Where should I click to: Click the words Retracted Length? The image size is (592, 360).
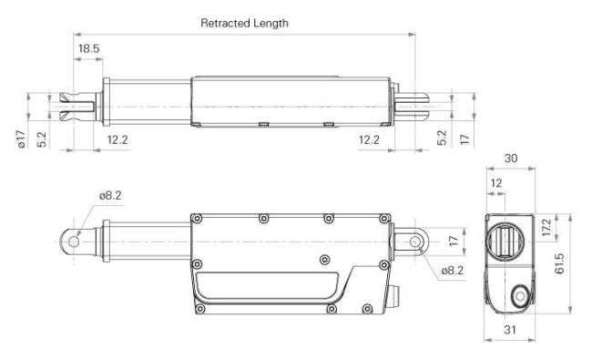pyautogui.click(x=244, y=23)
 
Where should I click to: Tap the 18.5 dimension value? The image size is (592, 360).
pyautogui.click(x=88, y=48)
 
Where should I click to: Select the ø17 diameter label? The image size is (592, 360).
pyautogui.click(x=22, y=139)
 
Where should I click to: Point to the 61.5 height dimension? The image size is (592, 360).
pyautogui.click(x=559, y=263)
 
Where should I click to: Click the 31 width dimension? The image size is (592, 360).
pyautogui.click(x=510, y=330)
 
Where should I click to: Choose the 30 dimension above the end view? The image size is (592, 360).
pyautogui.click(x=511, y=159)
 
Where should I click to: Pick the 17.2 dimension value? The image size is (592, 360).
pyautogui.click(x=546, y=228)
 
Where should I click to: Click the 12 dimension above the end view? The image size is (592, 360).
pyautogui.click(x=496, y=183)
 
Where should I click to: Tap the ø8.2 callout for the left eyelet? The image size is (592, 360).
pyautogui.click(x=110, y=196)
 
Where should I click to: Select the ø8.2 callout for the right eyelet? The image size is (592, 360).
pyautogui.click(x=453, y=271)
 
